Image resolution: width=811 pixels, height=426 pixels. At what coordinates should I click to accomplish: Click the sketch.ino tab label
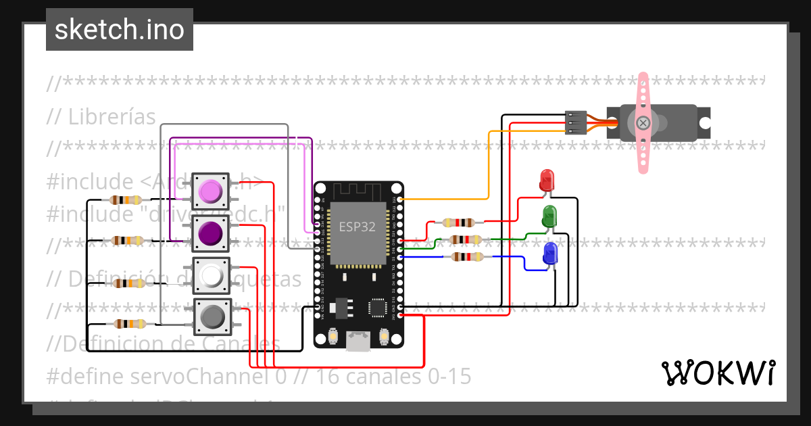pyautogui.click(x=120, y=30)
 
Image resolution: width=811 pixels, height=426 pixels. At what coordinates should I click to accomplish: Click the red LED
pyautogui.click(x=546, y=181)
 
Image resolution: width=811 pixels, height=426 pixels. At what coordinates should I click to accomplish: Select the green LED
pyautogui.click(x=549, y=216)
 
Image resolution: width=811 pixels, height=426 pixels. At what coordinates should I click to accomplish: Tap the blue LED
pyautogui.click(x=550, y=254)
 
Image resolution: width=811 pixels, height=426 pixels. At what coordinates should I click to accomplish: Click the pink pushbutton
pyautogui.click(x=211, y=191)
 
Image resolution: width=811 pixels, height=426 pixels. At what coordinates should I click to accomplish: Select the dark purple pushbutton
pyautogui.click(x=211, y=234)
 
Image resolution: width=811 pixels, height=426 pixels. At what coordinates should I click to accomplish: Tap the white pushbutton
pyautogui.click(x=212, y=275)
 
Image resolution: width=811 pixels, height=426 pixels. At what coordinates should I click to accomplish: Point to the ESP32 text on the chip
pyautogui.click(x=358, y=227)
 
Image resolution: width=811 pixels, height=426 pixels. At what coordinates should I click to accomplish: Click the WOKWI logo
pyautogui.click(x=718, y=373)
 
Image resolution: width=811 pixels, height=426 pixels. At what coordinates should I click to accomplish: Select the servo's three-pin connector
pyautogui.click(x=574, y=122)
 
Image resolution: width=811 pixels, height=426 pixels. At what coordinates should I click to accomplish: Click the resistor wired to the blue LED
pyautogui.click(x=466, y=256)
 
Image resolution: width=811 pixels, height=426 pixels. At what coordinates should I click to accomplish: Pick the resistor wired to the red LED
pyautogui.click(x=458, y=222)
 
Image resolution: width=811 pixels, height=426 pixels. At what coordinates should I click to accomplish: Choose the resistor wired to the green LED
pyautogui.click(x=466, y=239)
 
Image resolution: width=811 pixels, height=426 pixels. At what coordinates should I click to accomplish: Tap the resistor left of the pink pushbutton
pyautogui.click(x=125, y=199)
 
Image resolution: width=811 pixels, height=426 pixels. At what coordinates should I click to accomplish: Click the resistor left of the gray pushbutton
pyautogui.click(x=130, y=324)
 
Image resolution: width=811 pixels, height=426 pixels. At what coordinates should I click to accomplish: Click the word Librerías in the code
pyautogui.click(x=112, y=116)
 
